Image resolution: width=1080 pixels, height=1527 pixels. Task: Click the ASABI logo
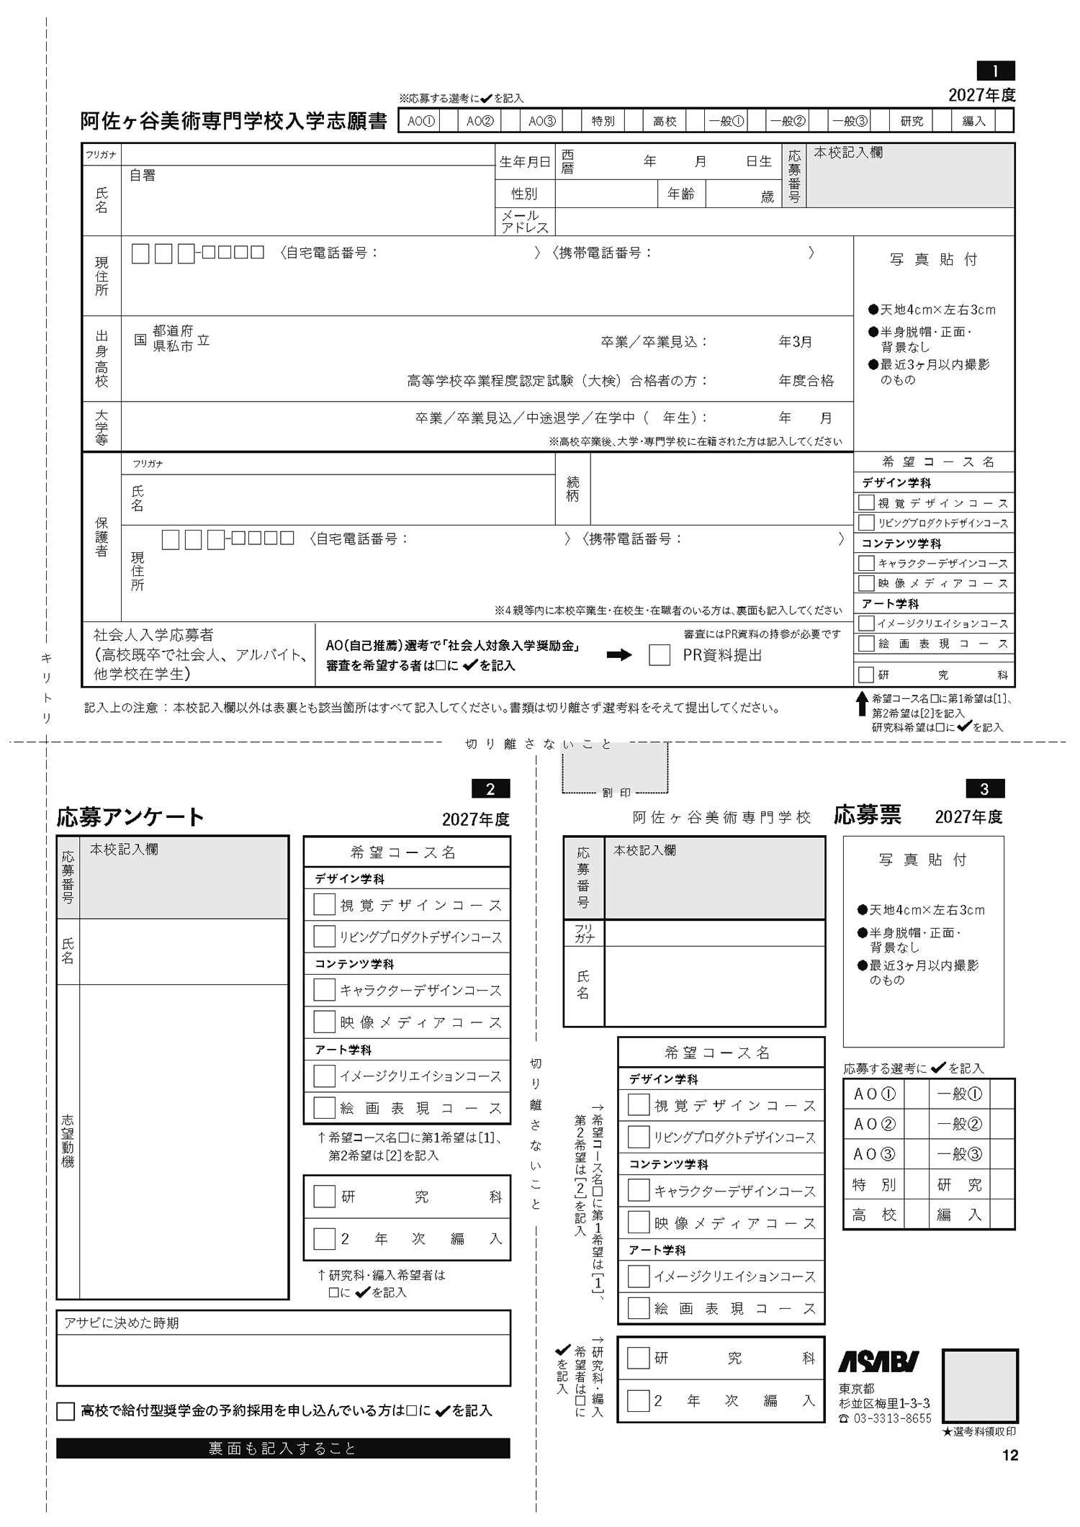coord(878,1361)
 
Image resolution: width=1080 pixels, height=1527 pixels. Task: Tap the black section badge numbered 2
coord(490,789)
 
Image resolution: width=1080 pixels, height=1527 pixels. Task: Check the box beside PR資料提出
coord(659,655)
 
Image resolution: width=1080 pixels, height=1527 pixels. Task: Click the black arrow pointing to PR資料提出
coord(618,655)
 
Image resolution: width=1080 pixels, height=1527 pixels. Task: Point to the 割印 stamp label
coord(616,793)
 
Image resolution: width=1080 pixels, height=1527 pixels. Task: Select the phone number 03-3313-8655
coord(892,1418)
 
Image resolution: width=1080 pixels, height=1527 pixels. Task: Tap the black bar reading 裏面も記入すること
coord(283,1449)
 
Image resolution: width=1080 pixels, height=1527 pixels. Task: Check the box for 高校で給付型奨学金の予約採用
coord(66,1411)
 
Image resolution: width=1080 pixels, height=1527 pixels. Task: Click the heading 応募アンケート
coord(130,817)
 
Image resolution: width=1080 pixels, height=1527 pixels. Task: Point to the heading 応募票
coord(867,815)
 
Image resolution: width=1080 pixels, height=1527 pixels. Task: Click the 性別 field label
coord(524,194)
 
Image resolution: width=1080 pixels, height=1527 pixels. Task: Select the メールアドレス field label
coord(524,221)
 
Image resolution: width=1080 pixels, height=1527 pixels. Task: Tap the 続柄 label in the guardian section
coord(572,489)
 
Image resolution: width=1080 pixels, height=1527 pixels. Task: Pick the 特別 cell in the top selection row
coord(603,121)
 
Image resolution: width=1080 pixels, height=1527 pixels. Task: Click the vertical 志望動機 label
coord(68,1141)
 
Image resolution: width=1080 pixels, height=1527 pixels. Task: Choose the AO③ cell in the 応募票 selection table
coord(873,1155)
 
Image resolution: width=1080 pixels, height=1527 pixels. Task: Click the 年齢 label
coord(680,194)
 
